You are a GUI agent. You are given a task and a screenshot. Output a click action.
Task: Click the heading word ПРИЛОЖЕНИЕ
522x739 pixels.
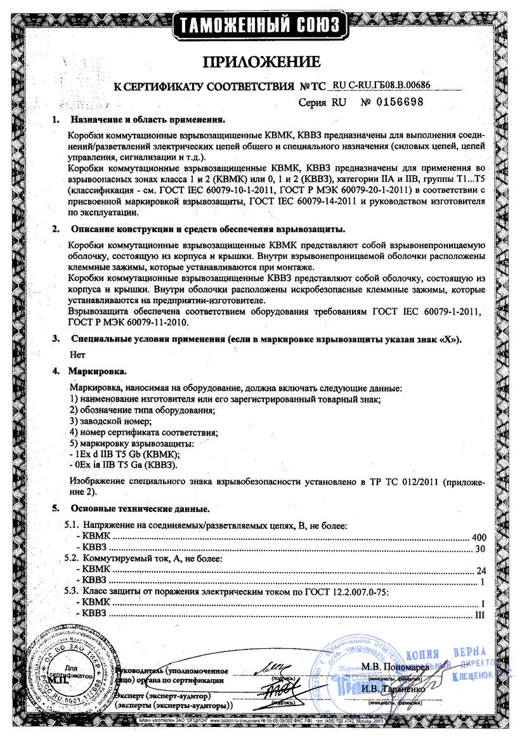[261, 62]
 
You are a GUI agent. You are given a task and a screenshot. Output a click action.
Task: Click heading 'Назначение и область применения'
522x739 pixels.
[148, 119]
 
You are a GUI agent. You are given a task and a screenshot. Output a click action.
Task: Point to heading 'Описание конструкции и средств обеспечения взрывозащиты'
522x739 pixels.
[207, 228]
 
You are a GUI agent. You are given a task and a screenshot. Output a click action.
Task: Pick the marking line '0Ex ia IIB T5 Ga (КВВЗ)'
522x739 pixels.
[126, 465]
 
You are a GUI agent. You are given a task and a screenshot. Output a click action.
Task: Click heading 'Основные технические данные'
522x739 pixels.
[140, 509]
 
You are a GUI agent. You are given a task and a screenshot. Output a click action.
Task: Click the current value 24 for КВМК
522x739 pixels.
[480, 570]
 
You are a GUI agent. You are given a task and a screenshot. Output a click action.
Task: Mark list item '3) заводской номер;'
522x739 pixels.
[109, 421]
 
